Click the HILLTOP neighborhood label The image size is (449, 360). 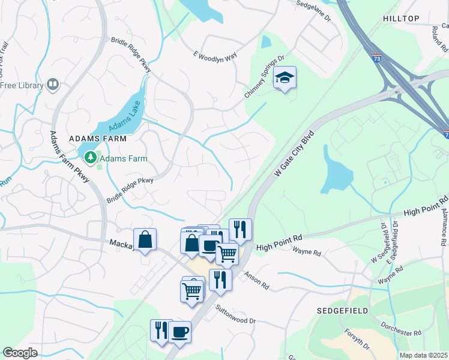pos(401,19)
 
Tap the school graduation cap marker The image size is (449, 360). pos(285,77)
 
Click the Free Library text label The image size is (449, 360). pos(22,85)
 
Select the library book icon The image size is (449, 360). pos(53,85)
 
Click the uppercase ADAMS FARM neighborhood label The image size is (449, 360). pos(98,139)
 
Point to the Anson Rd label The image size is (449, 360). pos(256,279)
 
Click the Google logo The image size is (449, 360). pos(20,352)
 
